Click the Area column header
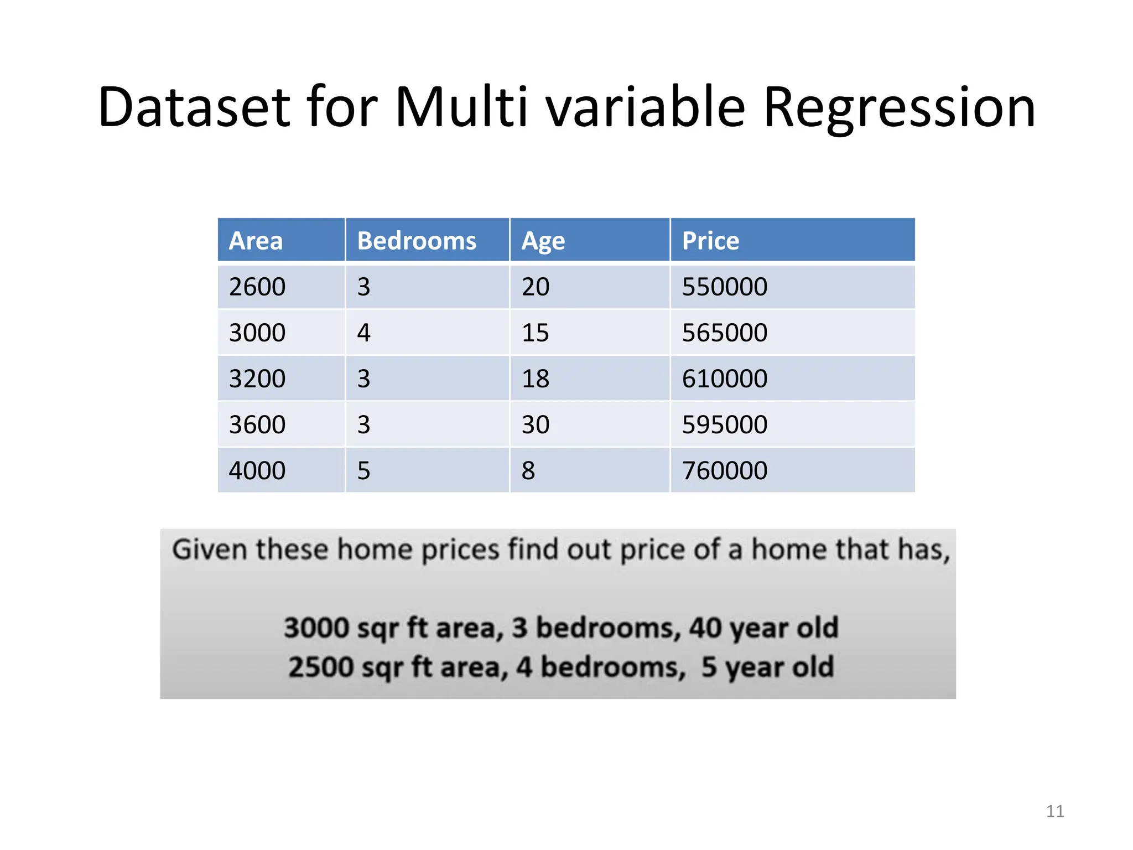[x=256, y=241]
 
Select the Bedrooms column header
[x=417, y=241]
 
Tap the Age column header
[x=543, y=241]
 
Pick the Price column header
[x=710, y=241]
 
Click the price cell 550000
[x=725, y=287]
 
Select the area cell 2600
[x=257, y=287]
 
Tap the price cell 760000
[x=725, y=470]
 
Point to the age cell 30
[x=536, y=424]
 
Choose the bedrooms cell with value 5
[x=363, y=470]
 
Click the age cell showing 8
[x=528, y=470]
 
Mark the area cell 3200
[x=257, y=379]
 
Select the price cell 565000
[x=725, y=333]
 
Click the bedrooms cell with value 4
[x=363, y=333]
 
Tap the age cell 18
[x=536, y=379]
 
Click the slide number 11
[x=1055, y=811]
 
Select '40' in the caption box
[x=705, y=628]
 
